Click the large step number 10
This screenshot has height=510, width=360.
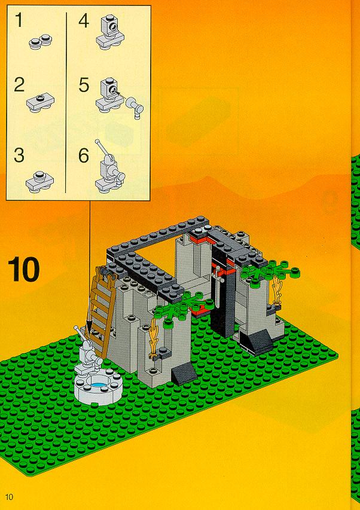click(23, 269)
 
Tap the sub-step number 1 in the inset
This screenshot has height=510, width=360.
click(19, 20)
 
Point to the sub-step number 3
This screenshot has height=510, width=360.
click(19, 155)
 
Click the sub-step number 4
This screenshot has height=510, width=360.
click(84, 21)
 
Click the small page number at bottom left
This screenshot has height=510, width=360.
click(9, 497)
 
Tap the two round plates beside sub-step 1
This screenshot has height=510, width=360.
click(40, 42)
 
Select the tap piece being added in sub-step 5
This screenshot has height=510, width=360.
click(135, 106)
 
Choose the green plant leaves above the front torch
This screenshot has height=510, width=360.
click(179, 307)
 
